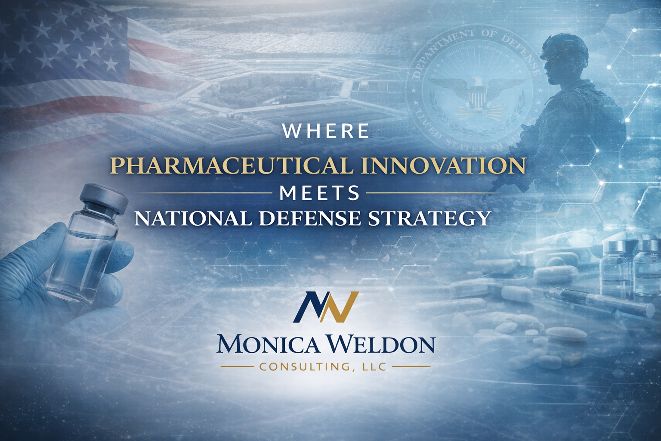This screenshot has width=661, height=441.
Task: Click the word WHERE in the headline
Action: pos(326,131)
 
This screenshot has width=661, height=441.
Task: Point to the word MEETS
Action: pos(319,193)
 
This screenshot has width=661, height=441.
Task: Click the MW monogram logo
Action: pos(326,307)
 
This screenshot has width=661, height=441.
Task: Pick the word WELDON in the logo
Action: pos(379,345)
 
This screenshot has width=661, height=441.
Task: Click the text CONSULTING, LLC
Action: pos(326,367)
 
